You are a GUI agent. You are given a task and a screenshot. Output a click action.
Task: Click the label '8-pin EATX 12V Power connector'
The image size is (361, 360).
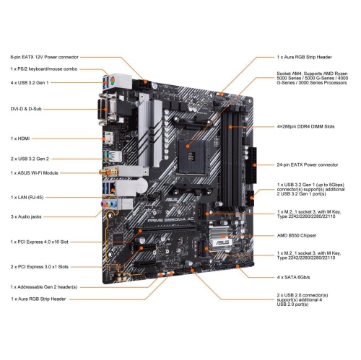point(45,56)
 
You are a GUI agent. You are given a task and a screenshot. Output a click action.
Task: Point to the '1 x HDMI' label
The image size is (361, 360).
point(22,137)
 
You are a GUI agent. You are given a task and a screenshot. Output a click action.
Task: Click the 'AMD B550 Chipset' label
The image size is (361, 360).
point(300,236)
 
